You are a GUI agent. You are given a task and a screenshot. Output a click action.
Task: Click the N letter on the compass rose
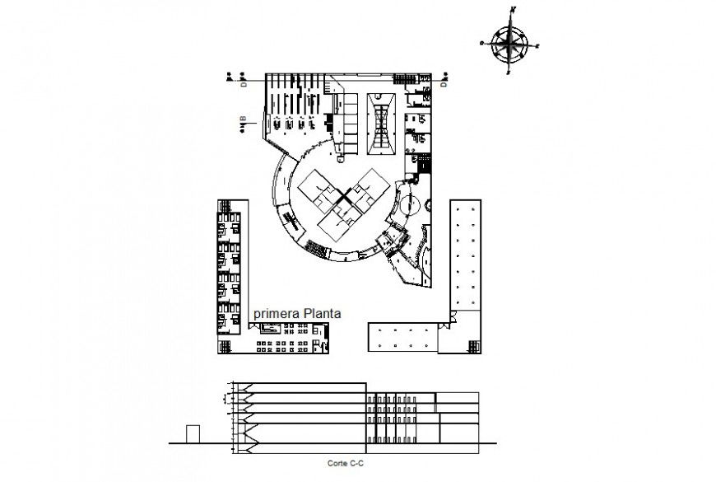512,10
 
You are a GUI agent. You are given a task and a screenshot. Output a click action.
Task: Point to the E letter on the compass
537,47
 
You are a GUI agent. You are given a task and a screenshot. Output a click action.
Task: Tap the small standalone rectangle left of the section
193,434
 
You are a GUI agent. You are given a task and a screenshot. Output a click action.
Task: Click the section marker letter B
243,122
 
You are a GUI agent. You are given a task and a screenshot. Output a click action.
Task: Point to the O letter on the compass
482,41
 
